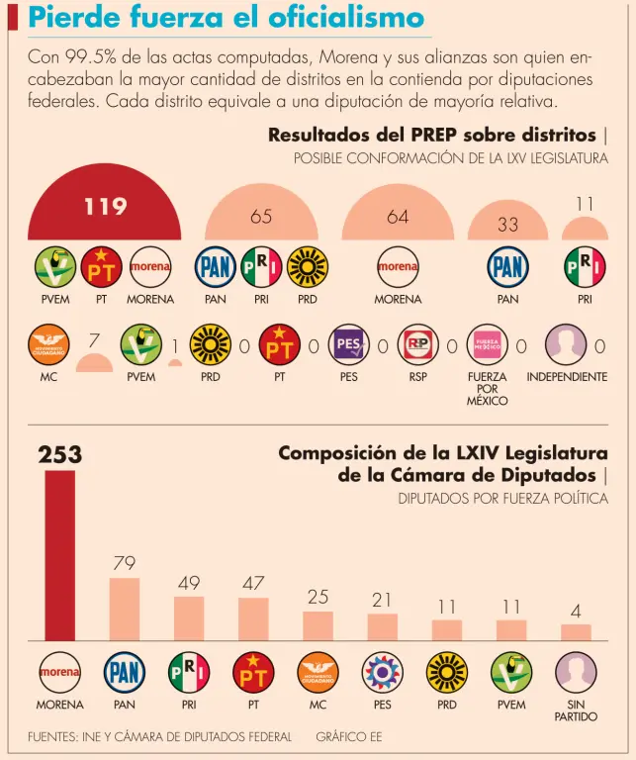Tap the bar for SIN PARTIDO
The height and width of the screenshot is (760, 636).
[x=576, y=632]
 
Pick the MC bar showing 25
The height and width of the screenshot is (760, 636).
[x=318, y=625]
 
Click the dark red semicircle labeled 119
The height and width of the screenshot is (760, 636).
[x=105, y=210]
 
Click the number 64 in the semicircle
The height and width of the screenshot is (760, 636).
[x=398, y=217]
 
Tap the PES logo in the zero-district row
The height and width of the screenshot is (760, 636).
[x=349, y=345]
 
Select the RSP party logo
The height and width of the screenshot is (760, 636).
[x=418, y=345]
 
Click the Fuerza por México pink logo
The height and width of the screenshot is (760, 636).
[x=488, y=345]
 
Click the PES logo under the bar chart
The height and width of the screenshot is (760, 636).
[x=382, y=673]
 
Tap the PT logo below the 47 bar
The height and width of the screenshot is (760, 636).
[x=253, y=673]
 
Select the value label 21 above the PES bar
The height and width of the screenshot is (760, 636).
[x=382, y=600]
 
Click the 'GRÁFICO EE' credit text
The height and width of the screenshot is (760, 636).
[x=348, y=736]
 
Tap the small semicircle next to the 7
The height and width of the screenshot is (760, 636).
[x=94, y=362]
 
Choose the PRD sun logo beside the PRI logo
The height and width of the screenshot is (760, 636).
[x=308, y=267]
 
